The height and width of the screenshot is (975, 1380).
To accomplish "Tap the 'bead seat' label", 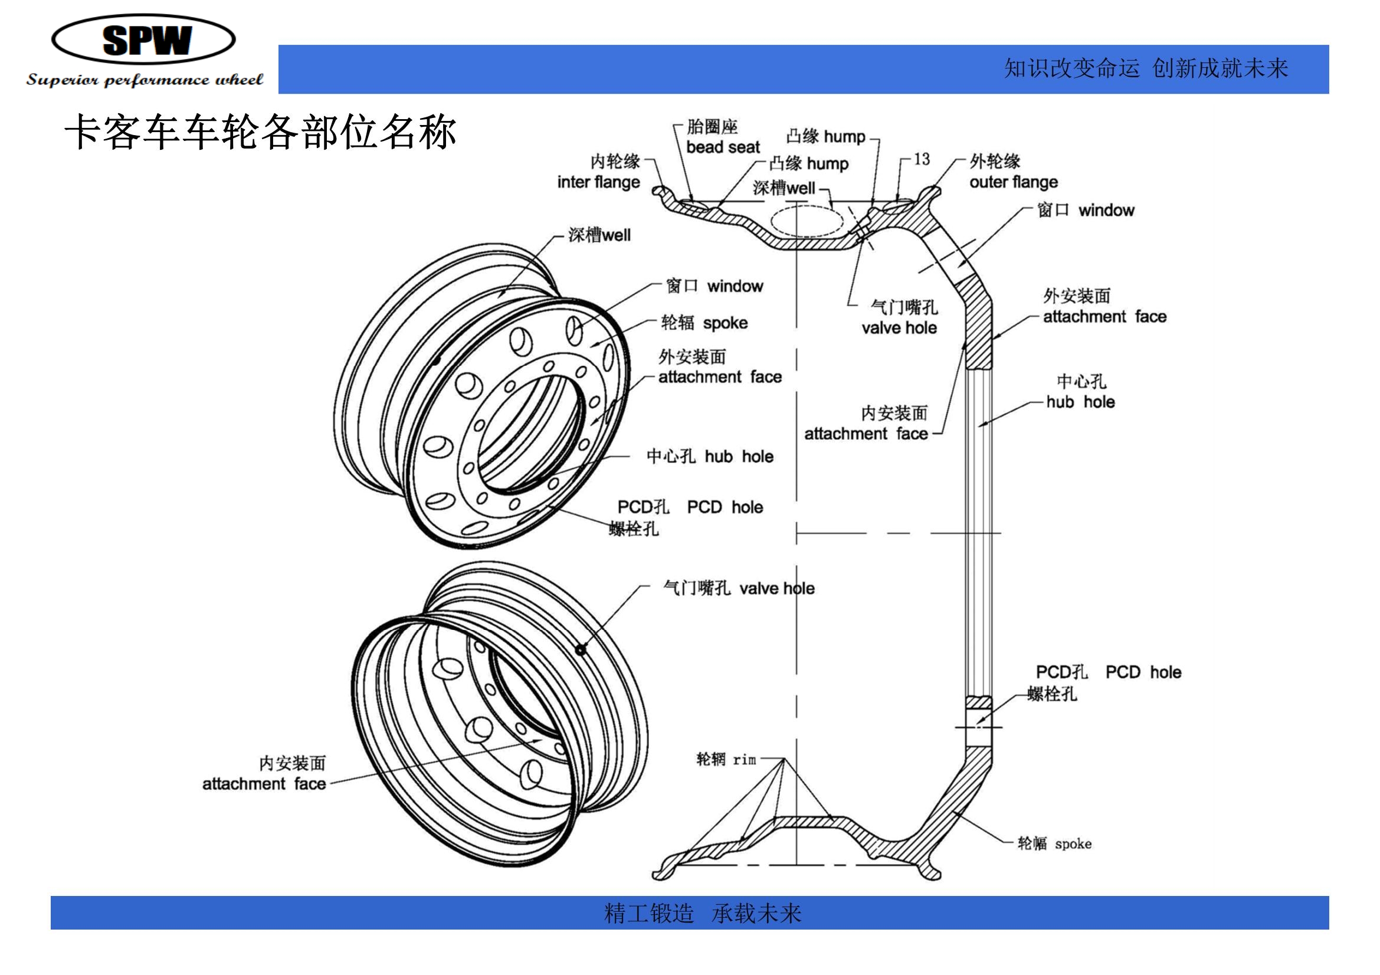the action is [723, 147].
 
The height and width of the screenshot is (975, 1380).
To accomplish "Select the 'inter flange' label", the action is [598, 182].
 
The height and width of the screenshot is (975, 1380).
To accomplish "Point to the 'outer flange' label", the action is [1014, 182].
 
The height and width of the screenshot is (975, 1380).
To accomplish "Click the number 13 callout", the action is [922, 159].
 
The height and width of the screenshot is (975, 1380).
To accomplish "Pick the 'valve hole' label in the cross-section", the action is [899, 328].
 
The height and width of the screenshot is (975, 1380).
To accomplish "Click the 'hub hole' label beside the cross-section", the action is [1080, 402].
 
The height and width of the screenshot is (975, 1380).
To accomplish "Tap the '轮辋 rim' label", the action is [726, 759].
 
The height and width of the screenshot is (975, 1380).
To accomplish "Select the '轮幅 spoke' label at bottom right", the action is [1054, 843].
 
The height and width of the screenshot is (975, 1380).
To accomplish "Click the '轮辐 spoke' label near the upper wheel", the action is [704, 323].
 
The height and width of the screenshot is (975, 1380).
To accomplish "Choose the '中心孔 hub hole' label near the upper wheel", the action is [710, 456].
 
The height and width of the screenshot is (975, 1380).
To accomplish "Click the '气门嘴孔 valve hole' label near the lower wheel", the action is [739, 587].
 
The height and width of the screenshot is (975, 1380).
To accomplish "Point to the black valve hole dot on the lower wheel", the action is [580, 649].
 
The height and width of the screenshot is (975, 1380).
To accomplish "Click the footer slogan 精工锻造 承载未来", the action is [703, 913].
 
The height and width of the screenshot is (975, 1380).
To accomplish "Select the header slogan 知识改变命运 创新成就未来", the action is [1146, 68].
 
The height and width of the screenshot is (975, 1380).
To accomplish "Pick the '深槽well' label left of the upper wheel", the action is [599, 235].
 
